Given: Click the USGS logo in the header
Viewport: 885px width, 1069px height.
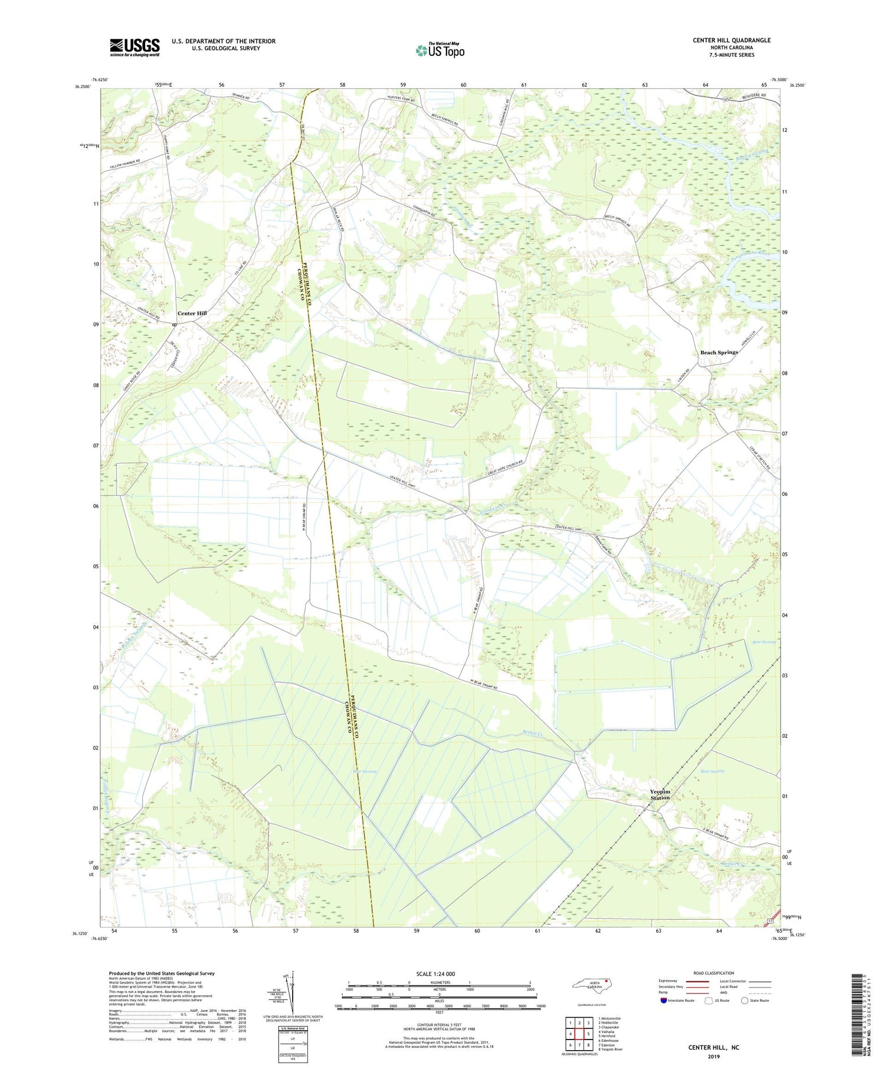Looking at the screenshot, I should (x=135, y=47).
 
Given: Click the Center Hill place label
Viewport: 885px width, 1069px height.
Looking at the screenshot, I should (x=192, y=313).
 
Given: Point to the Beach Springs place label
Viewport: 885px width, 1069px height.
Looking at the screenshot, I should (x=719, y=353).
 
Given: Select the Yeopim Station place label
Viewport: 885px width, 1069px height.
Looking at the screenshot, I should (x=660, y=794).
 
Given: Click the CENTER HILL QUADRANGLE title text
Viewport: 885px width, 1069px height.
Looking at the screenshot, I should (x=732, y=40).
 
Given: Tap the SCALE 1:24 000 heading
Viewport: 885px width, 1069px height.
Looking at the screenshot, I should (x=439, y=973).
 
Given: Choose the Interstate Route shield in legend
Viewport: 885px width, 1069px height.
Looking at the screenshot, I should (x=664, y=1001).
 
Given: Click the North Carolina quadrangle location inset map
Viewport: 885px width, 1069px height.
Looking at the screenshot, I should (x=596, y=986).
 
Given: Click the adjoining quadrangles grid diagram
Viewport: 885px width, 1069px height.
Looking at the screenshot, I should (x=579, y=1033).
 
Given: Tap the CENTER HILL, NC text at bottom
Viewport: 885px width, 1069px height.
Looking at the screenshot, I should (x=713, y=1047).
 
